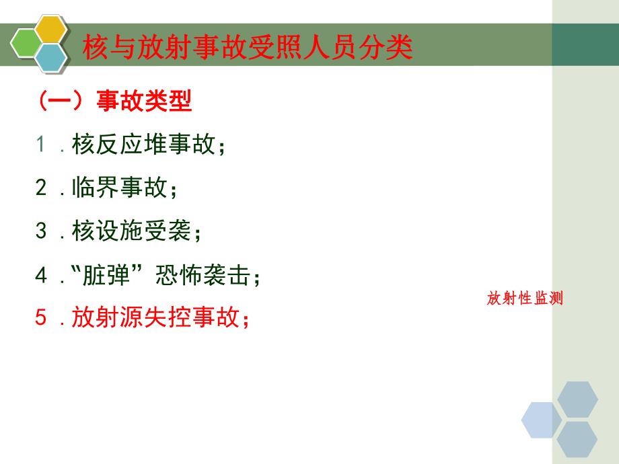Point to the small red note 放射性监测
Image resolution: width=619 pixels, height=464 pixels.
click(524, 299)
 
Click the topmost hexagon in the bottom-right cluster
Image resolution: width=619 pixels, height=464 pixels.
click(577, 400)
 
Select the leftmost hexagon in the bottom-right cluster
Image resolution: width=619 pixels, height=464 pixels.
click(542, 420)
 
